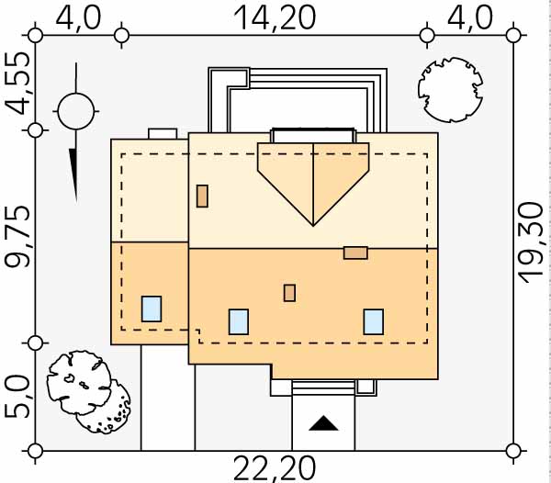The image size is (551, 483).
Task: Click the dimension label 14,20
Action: point(275,18)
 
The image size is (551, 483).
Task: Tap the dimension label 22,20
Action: point(275,468)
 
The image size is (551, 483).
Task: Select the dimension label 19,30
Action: point(534,242)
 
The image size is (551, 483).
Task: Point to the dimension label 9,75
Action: point(17,238)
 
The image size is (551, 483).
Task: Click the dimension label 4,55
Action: point(17,84)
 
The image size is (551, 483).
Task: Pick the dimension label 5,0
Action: point(17,398)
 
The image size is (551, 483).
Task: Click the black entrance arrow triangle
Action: point(323,423)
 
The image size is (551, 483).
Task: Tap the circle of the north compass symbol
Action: point(76,111)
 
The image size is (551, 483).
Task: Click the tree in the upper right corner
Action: point(450,90)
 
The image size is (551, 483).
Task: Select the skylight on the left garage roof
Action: point(152,309)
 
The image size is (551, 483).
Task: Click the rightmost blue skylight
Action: point(374,321)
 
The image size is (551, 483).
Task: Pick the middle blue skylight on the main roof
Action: point(239,321)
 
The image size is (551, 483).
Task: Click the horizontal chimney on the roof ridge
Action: point(355,253)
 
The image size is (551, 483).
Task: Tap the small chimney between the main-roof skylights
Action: point(289,293)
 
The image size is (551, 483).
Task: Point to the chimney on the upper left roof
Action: point(202,196)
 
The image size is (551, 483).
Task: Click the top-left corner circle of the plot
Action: point(35,36)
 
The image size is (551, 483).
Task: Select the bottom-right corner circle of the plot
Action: point(513,451)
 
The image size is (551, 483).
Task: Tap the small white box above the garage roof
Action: point(163,134)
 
